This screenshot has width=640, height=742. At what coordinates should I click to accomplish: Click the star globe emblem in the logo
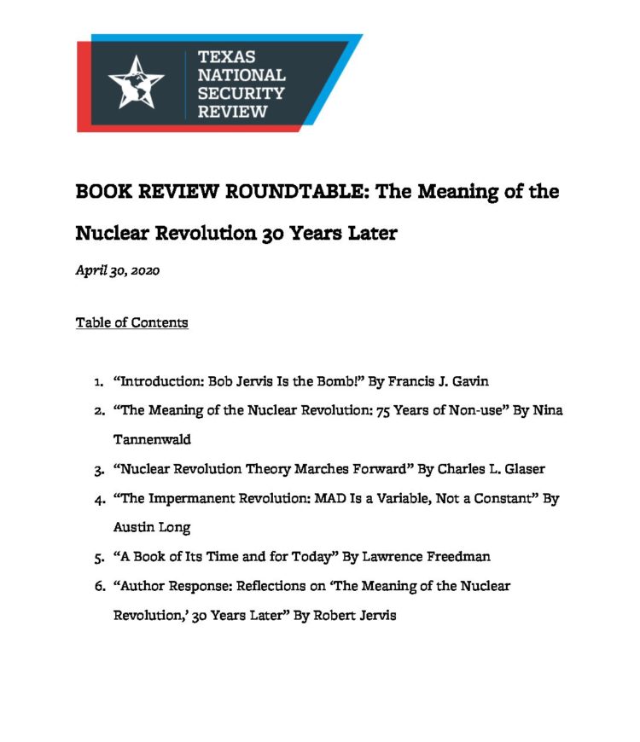(136, 82)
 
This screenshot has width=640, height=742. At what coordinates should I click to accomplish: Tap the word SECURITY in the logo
(240, 94)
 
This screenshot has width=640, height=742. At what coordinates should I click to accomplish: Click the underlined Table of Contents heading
(131, 322)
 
